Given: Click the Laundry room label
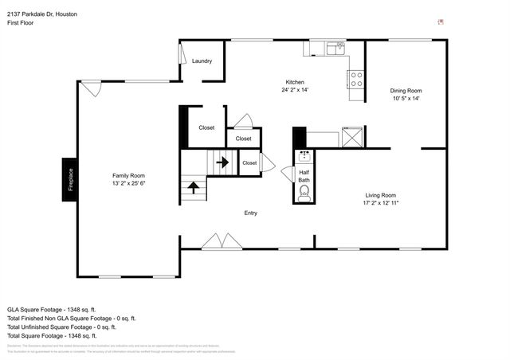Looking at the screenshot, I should [x=201, y=61].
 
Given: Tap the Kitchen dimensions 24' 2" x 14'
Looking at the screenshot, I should [x=294, y=90].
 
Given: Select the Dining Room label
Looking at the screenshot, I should [x=405, y=90].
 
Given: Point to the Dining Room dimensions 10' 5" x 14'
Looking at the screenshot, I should [x=405, y=98].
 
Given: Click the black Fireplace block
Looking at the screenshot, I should [x=70, y=175].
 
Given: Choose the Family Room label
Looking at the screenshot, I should [x=127, y=175].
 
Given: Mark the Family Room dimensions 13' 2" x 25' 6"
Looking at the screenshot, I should [x=127, y=183].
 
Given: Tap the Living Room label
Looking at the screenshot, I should [x=381, y=195].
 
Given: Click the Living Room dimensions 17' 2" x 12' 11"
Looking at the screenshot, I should [x=381, y=203].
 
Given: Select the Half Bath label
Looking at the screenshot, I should [x=304, y=176].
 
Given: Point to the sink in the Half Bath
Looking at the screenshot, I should [x=304, y=155].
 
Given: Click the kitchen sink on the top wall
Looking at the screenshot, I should [x=334, y=49].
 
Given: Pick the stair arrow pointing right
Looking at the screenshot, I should [x=222, y=162].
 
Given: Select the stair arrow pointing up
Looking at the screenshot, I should [x=193, y=189].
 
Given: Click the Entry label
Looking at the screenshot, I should [x=251, y=213].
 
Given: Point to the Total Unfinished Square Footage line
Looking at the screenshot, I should [x=61, y=327].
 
